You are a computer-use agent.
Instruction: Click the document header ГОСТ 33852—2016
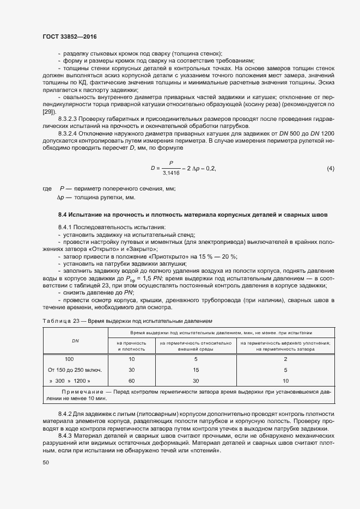click(69, 37)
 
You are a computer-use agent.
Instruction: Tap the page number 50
click(46, 462)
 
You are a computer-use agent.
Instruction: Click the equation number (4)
click(330, 169)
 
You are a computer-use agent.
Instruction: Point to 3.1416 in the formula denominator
click(171, 174)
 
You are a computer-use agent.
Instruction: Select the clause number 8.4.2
click(66, 415)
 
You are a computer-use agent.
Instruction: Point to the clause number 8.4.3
click(66, 437)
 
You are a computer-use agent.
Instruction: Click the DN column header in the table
click(75, 341)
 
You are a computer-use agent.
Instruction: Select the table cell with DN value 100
click(69, 359)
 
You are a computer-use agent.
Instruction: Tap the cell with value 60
click(131, 381)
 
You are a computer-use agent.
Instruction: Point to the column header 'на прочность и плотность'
click(131, 346)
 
